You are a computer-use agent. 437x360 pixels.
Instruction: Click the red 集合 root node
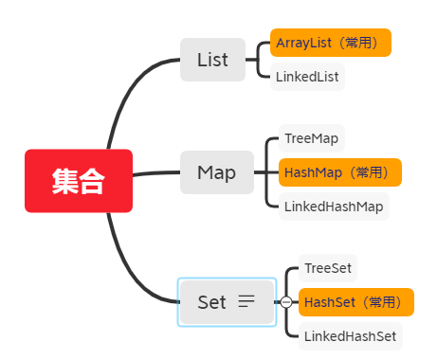(x=79, y=181)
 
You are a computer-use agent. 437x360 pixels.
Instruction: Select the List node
(x=212, y=60)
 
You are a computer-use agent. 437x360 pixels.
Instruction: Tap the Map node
(x=216, y=172)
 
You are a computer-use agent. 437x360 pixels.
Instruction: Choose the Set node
(x=212, y=302)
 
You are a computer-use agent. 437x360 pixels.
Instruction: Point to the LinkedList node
(x=307, y=77)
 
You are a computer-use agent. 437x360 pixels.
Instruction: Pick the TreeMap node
(x=311, y=138)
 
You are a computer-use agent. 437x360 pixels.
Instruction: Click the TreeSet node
(x=327, y=268)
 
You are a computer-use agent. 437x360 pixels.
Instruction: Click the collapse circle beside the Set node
(x=285, y=302)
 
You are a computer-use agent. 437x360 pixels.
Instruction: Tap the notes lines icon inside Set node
(x=246, y=302)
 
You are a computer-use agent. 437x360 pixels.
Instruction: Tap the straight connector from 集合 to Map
(x=156, y=173)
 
